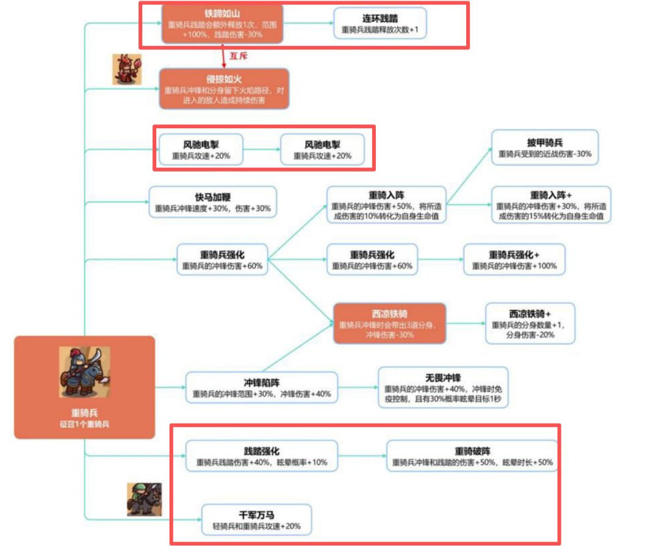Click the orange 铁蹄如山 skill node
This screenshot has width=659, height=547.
coord(221,24)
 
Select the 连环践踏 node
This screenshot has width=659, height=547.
coord(380,24)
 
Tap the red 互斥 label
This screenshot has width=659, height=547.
coord(237,56)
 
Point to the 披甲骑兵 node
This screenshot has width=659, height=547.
coord(545,147)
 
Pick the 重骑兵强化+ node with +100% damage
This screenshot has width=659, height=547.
coord(514,259)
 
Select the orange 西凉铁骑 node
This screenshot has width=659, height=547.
coord(389,323)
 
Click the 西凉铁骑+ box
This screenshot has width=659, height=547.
coord(530,323)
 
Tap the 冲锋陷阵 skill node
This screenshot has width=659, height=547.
coord(262,388)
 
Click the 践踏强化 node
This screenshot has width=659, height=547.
coord(262,456)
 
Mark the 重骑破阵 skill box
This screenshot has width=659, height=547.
coord(472,456)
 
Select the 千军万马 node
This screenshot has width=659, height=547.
coord(256,520)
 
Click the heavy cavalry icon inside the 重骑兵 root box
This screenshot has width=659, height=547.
coord(85,372)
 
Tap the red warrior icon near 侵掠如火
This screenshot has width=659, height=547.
coord(127,70)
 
